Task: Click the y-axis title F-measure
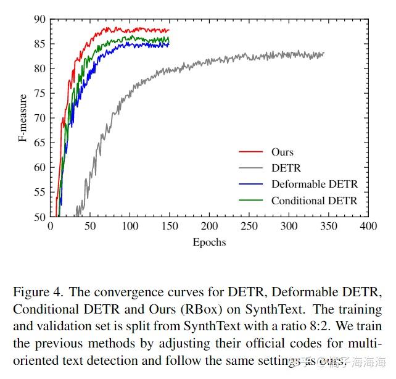point(23,118)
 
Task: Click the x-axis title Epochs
point(209,242)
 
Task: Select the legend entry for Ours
point(283,152)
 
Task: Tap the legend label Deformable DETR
point(314,184)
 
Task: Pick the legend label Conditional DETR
point(314,201)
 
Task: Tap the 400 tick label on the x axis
point(368,227)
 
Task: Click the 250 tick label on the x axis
point(249,227)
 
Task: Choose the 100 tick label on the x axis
point(130,227)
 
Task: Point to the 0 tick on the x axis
point(51,227)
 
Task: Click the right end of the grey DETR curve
point(324,53)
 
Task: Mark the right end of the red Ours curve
point(168,30)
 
